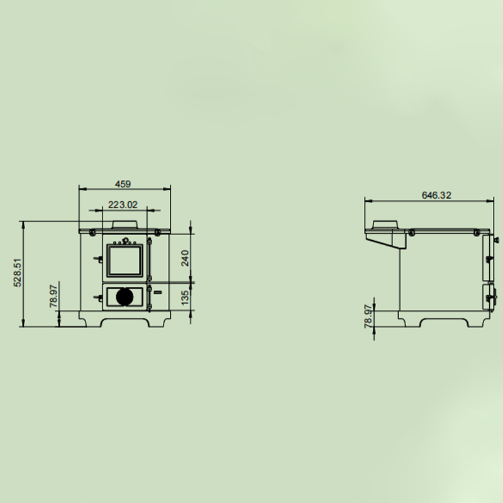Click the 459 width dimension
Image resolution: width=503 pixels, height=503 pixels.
[123, 184]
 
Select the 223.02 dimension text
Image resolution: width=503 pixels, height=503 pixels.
[123, 205]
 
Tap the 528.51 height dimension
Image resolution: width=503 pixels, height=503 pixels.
[18, 273]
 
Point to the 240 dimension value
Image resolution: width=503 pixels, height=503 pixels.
[185, 258]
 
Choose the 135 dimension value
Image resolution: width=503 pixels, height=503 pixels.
[185, 297]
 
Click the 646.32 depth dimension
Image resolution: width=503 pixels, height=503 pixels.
[436, 196]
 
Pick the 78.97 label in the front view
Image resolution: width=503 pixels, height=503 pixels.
[53, 296]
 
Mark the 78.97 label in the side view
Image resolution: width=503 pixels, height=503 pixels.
[368, 317]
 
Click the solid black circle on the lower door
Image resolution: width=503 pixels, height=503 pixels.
[124, 297]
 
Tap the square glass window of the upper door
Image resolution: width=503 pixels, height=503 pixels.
[124, 260]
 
